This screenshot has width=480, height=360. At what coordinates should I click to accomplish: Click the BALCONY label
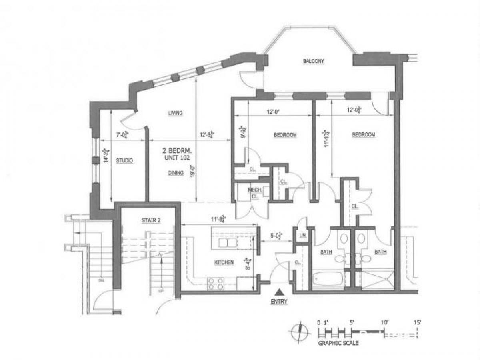pyautogui.click(x=313, y=62)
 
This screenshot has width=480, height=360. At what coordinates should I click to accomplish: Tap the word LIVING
pyautogui.click(x=175, y=113)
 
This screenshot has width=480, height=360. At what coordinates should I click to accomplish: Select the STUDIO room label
pyautogui.click(x=124, y=161)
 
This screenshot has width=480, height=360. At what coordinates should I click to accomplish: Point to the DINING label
pyautogui.click(x=176, y=173)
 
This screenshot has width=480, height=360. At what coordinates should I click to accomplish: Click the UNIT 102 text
pyautogui.click(x=177, y=158)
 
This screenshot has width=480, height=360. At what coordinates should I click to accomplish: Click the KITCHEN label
pyautogui.click(x=224, y=262)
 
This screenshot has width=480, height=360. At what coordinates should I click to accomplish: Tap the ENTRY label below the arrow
pyautogui.click(x=279, y=302)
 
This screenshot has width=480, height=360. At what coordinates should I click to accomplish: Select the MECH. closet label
pyautogui.click(x=255, y=191)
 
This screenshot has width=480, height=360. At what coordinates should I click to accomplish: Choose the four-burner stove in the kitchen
pyautogui.click(x=216, y=284)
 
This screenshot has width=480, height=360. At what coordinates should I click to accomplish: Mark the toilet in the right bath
pyautogui.click(x=361, y=239)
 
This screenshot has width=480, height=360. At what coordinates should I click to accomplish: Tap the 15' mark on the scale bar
pyautogui.click(x=417, y=322)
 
